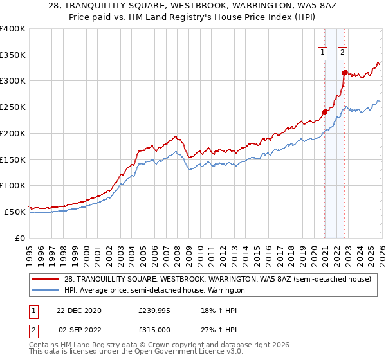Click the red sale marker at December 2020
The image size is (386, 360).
(325, 112)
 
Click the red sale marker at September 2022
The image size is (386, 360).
(345, 73)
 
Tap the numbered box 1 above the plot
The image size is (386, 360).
(321, 53)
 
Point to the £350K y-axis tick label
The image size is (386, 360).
(13, 55)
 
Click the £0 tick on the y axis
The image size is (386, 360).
(21, 238)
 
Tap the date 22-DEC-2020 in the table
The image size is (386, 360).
(78, 310)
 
